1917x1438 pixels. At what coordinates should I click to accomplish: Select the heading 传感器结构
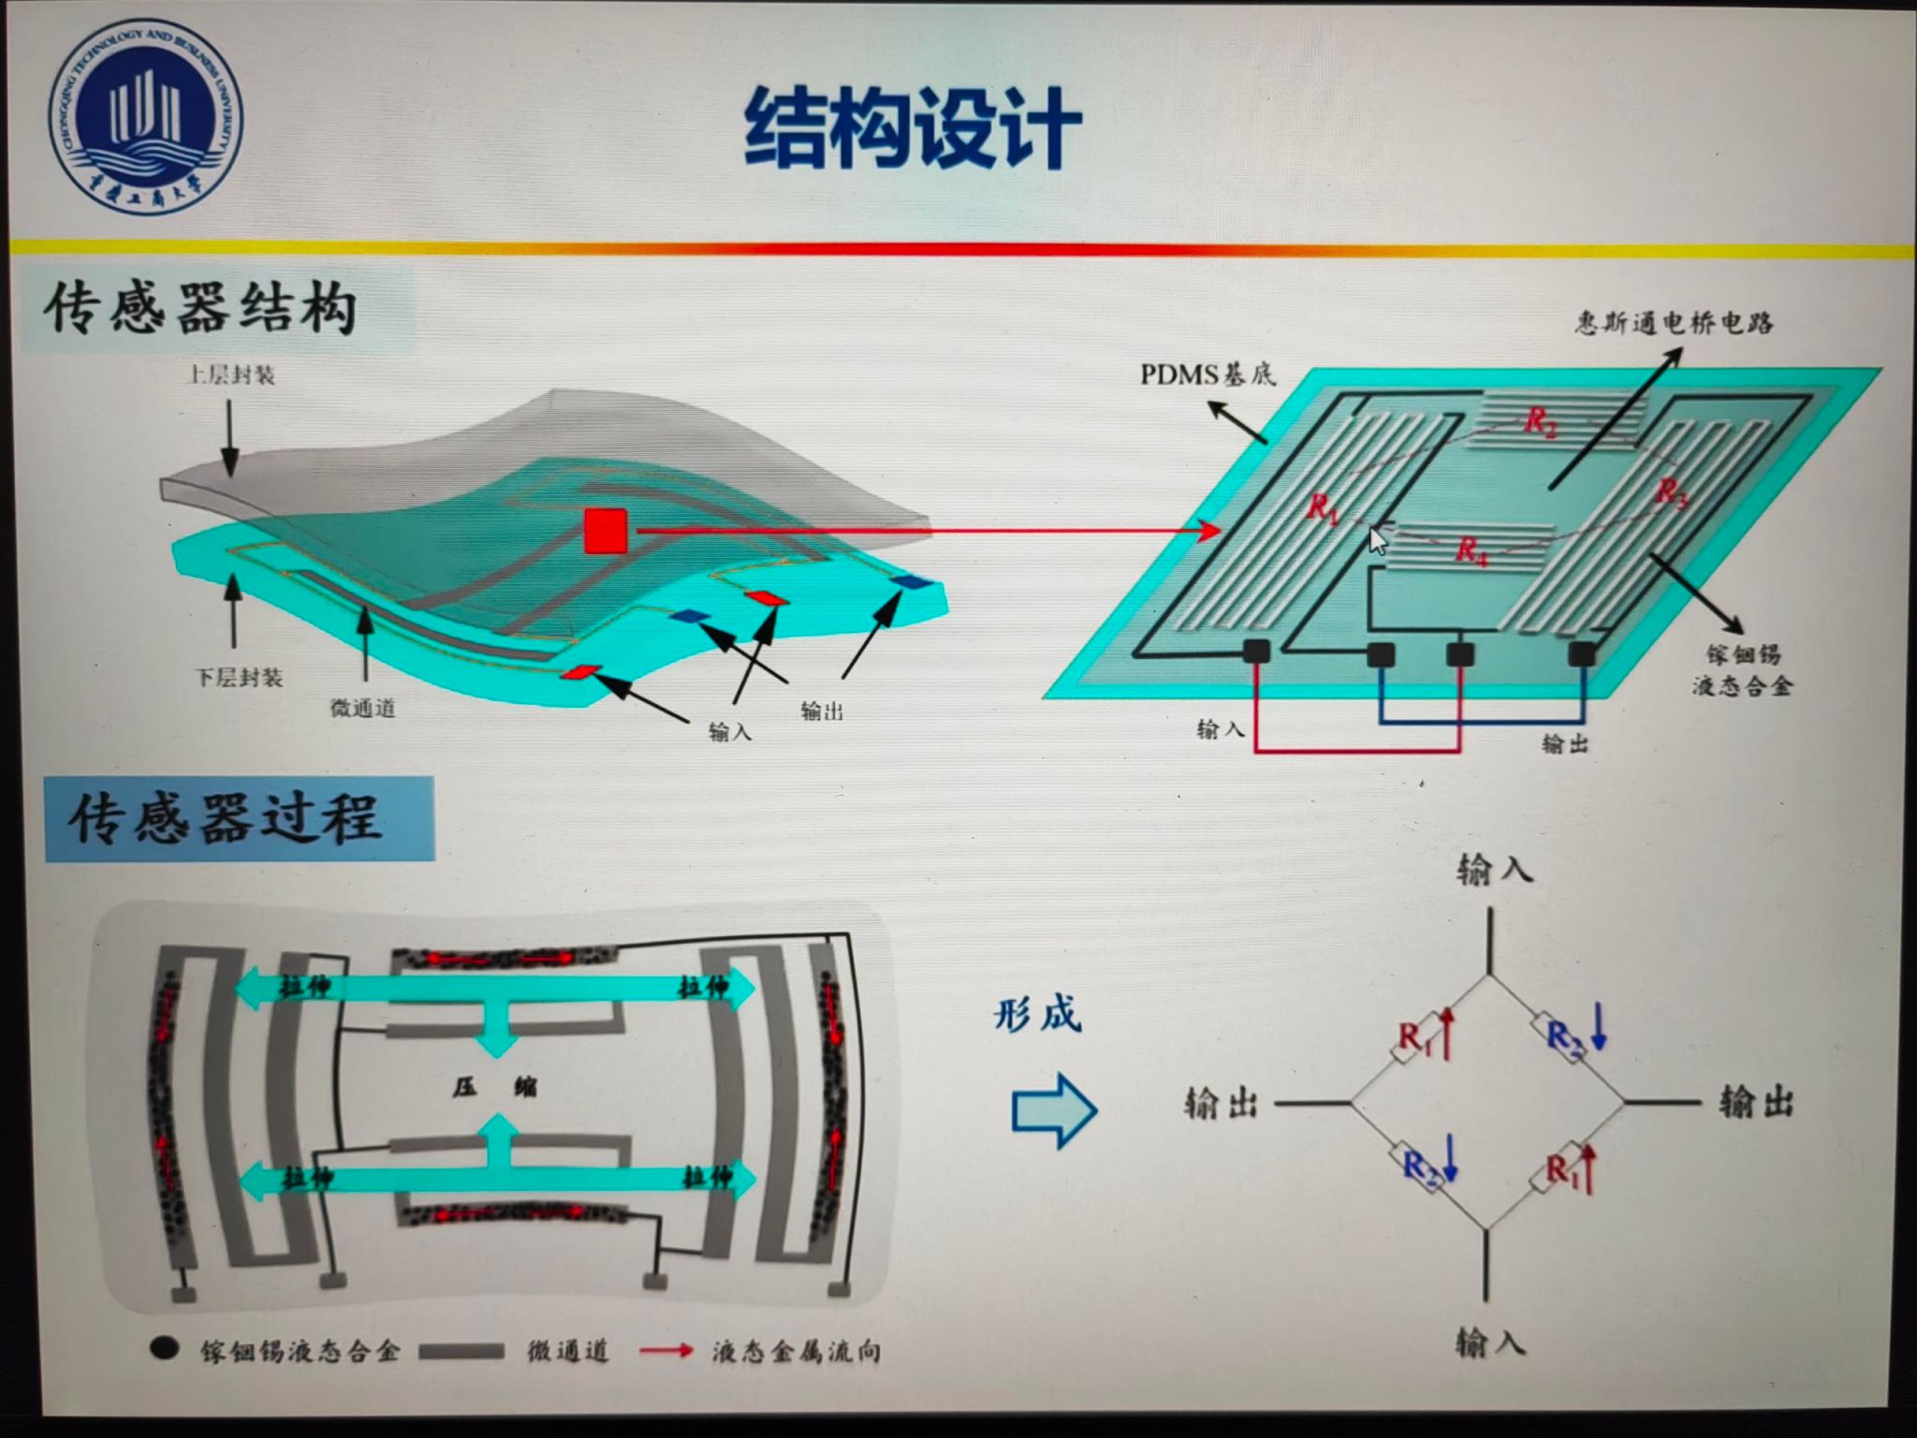200,309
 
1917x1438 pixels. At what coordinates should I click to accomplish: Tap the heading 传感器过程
226,818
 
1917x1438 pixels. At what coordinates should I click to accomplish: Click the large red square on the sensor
606,531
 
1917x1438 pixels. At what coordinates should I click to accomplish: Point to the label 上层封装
231,375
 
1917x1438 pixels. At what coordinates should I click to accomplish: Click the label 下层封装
239,677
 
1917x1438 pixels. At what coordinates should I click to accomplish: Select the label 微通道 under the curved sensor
363,709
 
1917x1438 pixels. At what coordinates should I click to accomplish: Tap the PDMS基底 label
1207,374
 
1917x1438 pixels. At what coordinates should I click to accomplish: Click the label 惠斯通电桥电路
1674,323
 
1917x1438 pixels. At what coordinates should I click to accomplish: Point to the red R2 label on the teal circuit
1541,422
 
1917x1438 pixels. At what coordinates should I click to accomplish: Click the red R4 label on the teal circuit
1471,550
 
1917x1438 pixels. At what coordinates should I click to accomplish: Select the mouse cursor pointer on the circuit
1377,540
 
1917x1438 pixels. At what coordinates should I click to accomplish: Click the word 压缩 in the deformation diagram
495,1088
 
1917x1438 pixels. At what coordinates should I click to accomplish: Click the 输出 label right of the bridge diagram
1756,1104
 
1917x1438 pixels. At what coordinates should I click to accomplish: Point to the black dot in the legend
165,1348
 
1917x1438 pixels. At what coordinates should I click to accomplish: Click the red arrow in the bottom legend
666,1350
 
